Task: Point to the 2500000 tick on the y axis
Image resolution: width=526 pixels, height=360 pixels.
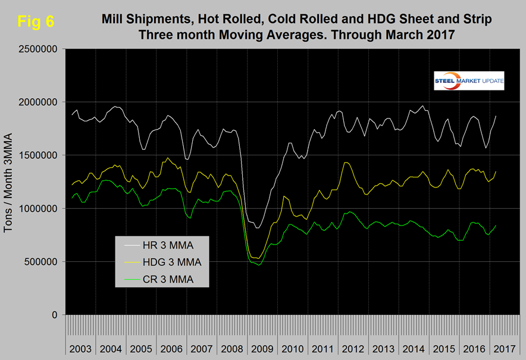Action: pyautogui.click(x=37, y=49)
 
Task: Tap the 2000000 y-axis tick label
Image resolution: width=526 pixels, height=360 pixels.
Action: pyautogui.click(x=37, y=102)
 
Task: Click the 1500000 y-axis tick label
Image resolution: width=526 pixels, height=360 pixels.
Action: pyautogui.click(x=37, y=155)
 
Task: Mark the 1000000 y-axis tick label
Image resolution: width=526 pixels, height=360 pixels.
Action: pyautogui.click(x=37, y=208)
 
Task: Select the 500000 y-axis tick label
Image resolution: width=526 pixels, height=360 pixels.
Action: pyautogui.click(x=40, y=262)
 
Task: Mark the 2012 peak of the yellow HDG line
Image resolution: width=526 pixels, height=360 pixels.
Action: pyautogui.click(x=346, y=162)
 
